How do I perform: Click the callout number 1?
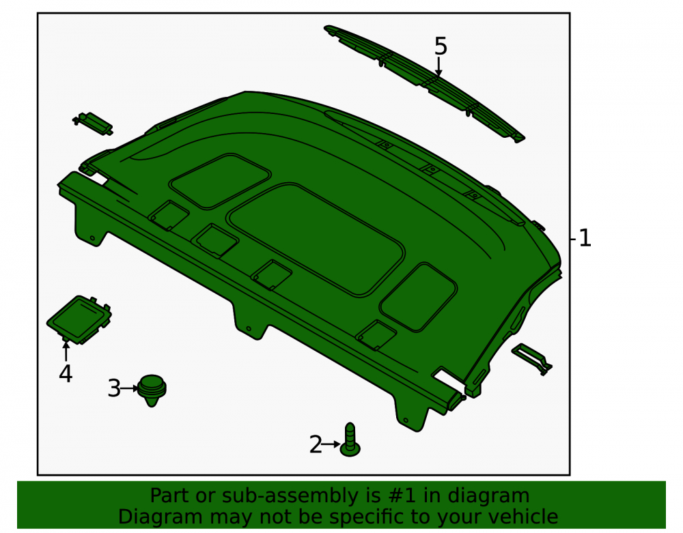585,238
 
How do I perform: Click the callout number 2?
316,444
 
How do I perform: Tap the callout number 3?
113,388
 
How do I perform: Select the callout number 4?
66,374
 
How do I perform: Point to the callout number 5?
441,46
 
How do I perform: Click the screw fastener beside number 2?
350,440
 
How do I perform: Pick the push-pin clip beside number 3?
152,390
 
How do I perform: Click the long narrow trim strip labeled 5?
425,83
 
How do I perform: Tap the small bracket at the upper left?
93,124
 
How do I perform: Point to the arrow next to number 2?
331,444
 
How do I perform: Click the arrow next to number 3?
129,388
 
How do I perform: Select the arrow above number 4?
66,351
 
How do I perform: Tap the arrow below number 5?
439,67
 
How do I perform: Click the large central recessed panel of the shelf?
316,240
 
